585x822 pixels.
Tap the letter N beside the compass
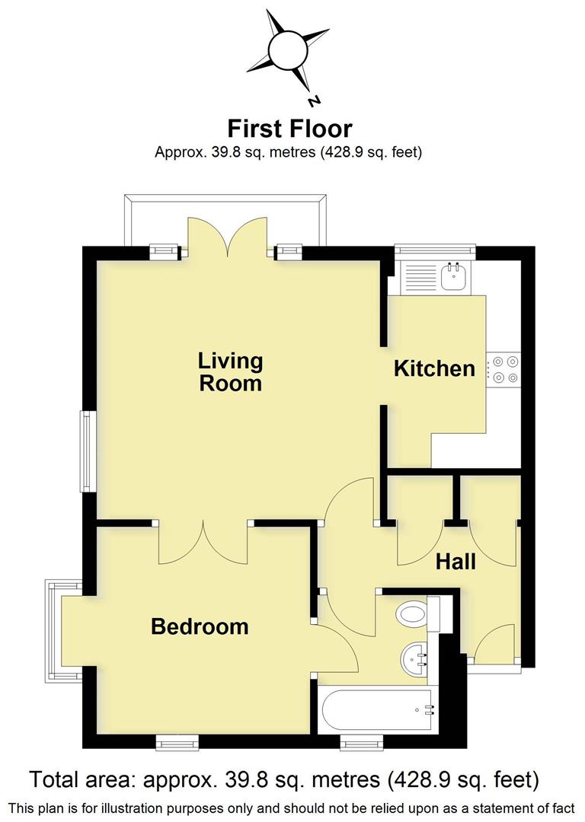(x=313, y=101)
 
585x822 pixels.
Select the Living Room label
(x=230, y=371)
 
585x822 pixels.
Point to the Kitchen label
(x=434, y=369)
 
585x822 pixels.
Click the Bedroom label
(x=200, y=626)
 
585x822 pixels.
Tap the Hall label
(x=456, y=562)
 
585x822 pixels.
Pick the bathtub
(x=377, y=710)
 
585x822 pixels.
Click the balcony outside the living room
(x=229, y=217)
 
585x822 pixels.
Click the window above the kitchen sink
(x=434, y=248)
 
